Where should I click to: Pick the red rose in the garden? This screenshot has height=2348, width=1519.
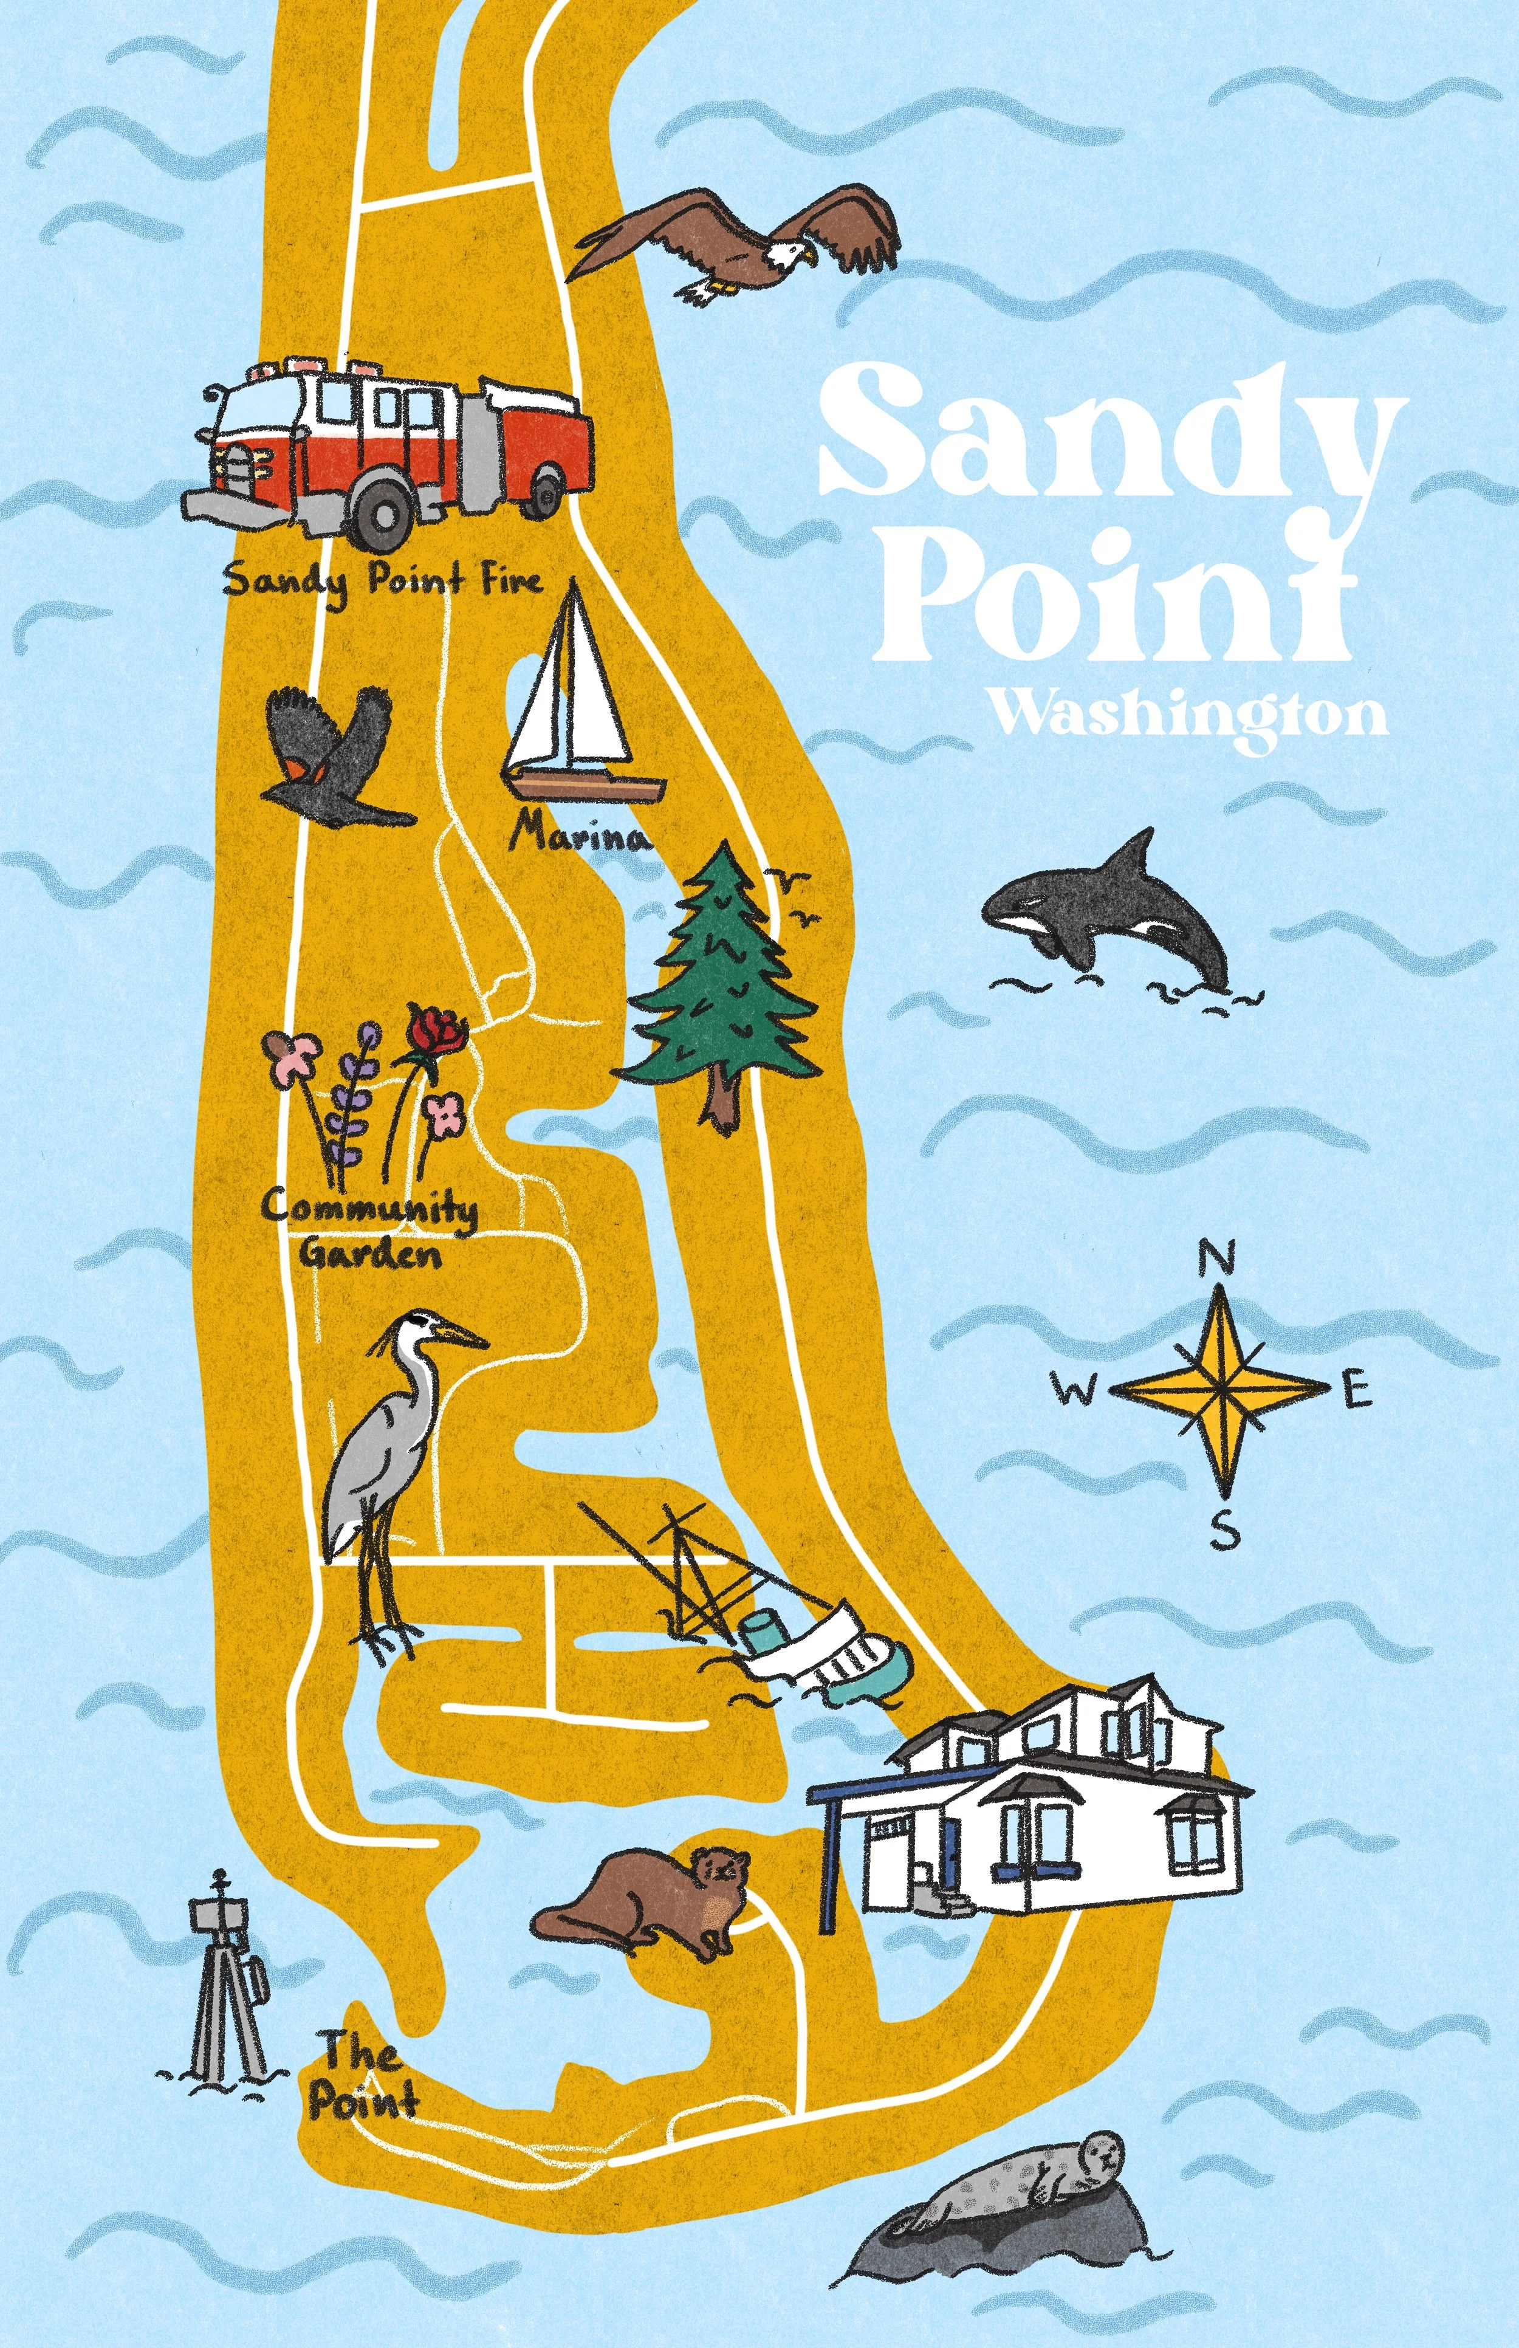tap(437, 1032)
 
